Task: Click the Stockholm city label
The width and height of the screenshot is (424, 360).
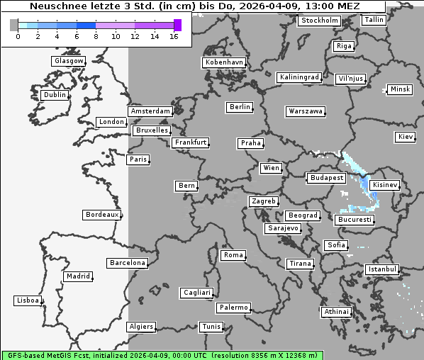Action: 319,21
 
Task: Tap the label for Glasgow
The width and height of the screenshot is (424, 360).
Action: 69,61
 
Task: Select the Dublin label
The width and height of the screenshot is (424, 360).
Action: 55,95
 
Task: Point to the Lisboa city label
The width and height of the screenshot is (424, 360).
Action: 28,300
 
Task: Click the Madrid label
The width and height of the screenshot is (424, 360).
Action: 77,276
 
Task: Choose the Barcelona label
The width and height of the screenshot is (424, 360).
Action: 128,263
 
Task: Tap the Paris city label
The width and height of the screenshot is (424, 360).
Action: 138,159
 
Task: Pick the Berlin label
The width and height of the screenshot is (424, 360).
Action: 240,107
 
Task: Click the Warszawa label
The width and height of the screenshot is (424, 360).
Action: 306,111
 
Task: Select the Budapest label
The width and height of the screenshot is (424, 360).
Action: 326,178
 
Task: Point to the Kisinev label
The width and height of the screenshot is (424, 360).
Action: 385,185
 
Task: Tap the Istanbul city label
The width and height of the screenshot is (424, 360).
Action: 382,270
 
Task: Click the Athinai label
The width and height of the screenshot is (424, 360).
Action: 336,312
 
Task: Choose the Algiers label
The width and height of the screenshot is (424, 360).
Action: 140,327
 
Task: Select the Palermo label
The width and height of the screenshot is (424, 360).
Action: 233,308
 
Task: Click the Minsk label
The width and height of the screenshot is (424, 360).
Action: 400,89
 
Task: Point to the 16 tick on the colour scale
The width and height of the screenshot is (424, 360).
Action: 174,36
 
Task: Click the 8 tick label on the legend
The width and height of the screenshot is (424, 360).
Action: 96,36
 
